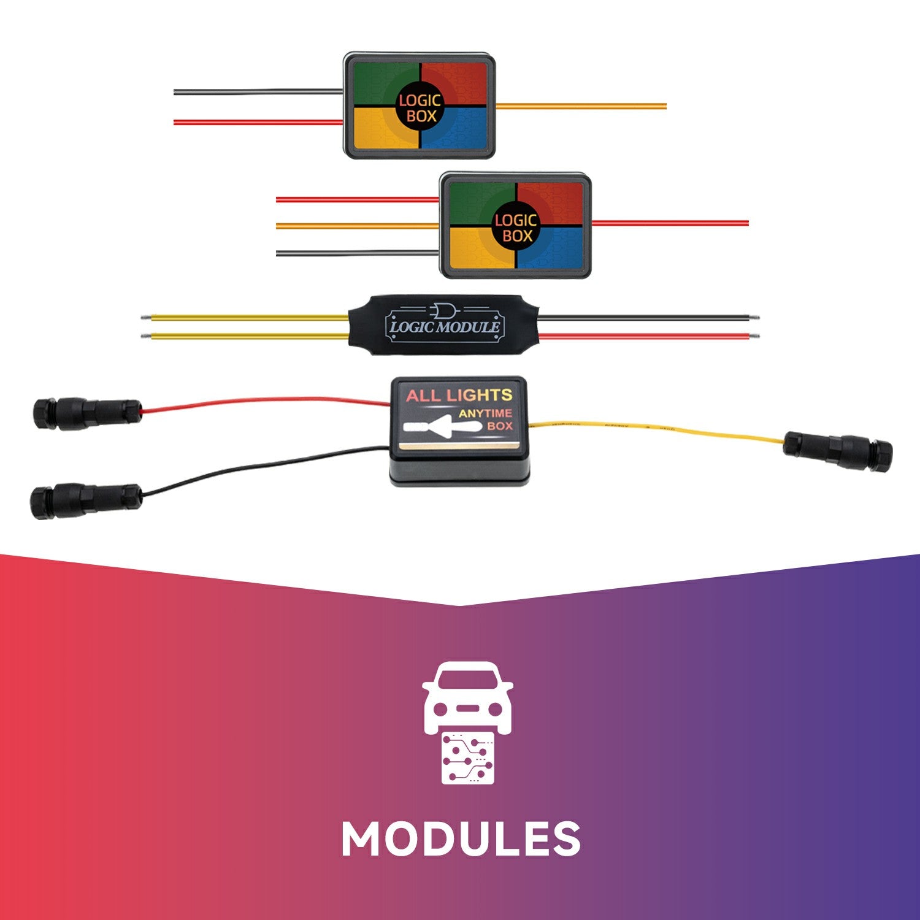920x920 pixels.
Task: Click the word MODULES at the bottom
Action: coord(461,839)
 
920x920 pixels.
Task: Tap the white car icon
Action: coord(467,696)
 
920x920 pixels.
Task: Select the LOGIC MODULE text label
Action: coord(445,326)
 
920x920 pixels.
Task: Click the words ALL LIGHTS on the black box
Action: coord(459,395)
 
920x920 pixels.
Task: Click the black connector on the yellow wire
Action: coord(838,451)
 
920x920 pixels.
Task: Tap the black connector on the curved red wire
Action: coord(86,413)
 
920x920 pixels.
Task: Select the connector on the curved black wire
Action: coord(86,501)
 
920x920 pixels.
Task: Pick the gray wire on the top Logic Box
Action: coord(258,92)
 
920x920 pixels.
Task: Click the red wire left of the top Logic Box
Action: coord(258,122)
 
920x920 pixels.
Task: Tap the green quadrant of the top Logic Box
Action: coord(377,83)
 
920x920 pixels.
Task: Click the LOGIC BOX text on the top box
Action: coord(420,108)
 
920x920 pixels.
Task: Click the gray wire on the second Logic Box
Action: coord(356,253)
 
